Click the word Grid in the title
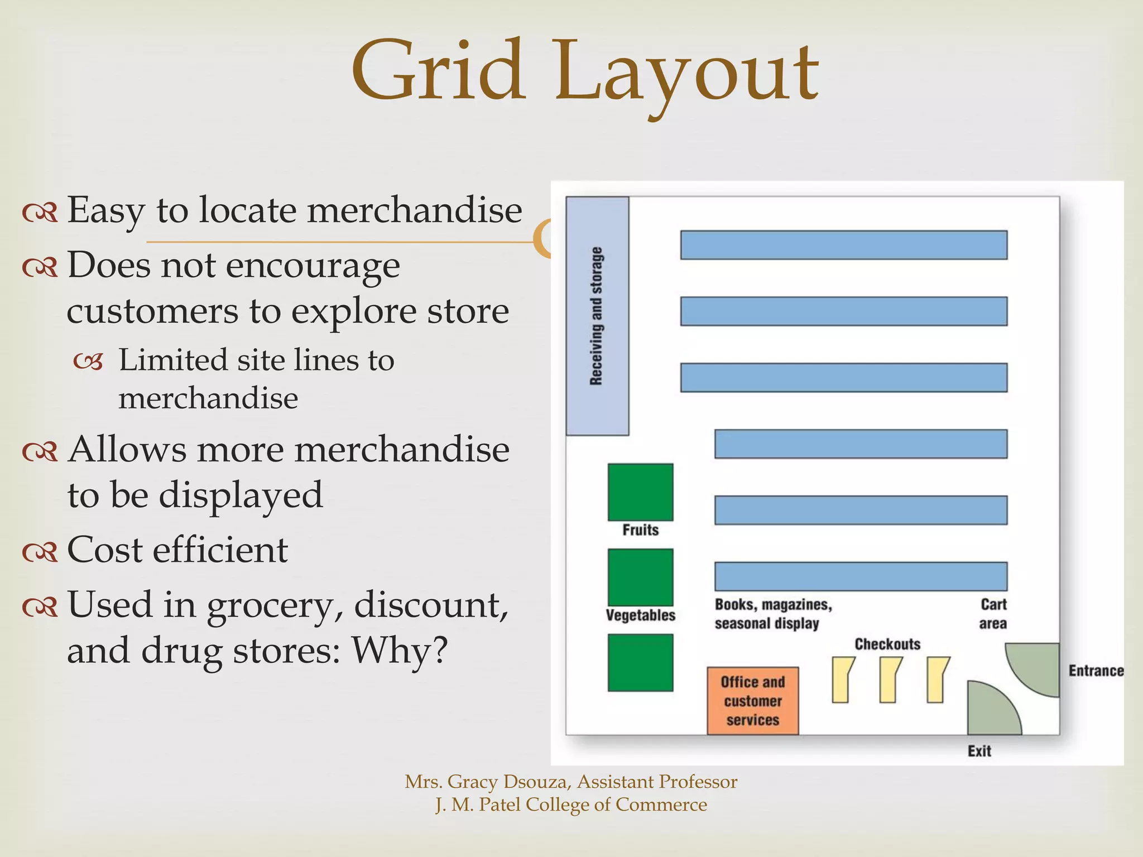439,71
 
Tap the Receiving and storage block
597,316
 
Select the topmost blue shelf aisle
843,245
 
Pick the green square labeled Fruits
640,492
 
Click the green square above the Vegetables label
640,577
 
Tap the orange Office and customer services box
752,701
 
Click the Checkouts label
887,644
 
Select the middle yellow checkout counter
890,679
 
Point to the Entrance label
1096,671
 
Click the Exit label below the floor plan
979,751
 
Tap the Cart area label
993,614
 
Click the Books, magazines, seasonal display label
773,614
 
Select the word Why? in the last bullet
399,650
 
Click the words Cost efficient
177,550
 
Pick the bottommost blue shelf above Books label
861,576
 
